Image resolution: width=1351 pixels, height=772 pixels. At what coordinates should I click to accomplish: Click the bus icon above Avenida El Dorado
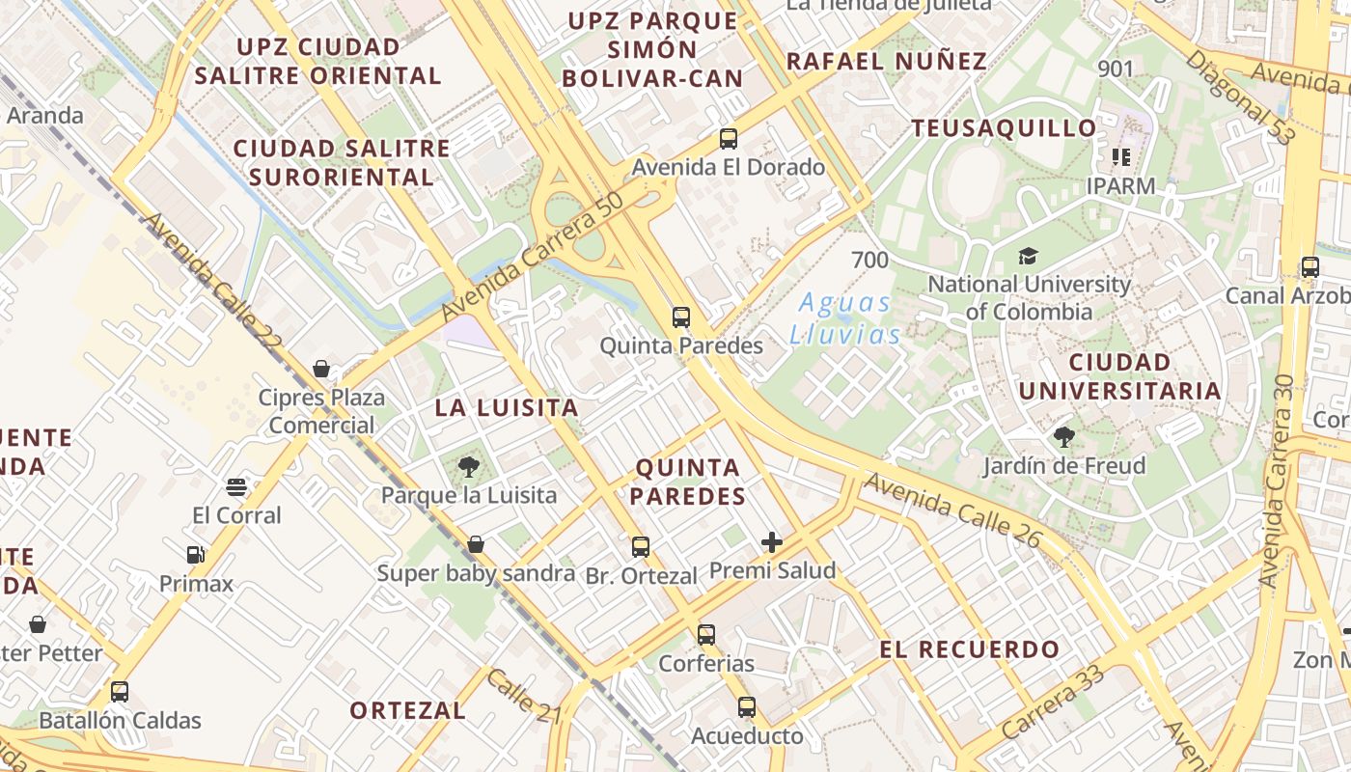729,139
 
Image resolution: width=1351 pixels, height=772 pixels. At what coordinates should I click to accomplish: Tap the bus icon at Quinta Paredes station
681,317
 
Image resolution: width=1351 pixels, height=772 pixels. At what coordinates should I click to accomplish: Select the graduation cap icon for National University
1028,257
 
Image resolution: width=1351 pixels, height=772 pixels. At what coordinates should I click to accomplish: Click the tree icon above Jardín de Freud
1063,437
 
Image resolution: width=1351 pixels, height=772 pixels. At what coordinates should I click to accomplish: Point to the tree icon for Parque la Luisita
469,468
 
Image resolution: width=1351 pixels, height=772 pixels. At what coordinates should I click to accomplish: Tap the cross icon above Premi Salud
772,542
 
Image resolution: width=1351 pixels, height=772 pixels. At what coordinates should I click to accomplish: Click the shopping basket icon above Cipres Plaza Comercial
321,369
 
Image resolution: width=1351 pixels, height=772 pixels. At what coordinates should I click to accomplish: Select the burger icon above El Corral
236,487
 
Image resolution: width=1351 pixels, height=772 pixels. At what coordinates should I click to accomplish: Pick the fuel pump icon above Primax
196,555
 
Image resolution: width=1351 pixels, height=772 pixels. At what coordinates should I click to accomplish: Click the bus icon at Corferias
706,635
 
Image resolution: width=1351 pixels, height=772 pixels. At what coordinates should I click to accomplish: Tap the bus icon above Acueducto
747,707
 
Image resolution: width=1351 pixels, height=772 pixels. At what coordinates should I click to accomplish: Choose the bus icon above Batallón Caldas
120,692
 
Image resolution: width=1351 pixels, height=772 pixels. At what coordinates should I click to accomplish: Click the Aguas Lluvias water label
844,318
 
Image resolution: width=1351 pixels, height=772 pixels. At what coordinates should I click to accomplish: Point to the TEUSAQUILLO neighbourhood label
1004,128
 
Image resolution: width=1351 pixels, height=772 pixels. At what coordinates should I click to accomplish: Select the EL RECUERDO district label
969,649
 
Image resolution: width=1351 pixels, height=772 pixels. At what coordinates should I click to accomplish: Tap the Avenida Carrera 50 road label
533,262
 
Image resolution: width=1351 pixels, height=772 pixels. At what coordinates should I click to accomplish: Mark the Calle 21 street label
523,697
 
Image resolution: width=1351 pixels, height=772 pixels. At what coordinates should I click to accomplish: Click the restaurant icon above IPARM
1120,156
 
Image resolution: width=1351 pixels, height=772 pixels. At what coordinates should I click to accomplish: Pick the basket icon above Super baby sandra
476,545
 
